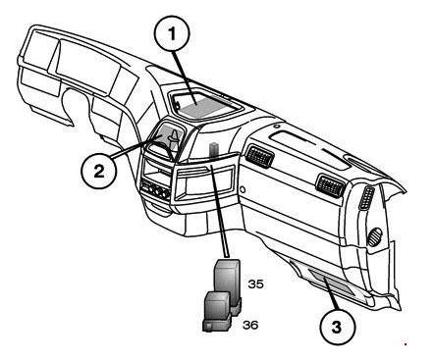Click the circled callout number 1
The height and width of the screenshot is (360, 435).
[172, 33]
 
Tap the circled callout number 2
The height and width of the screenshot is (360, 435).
[99, 171]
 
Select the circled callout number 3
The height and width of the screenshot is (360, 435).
[337, 327]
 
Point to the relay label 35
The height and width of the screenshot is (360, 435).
[255, 284]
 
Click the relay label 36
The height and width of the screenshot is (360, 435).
[250, 325]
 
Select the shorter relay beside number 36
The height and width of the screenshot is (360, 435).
[217, 312]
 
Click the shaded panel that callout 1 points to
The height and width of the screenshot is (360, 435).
[204, 105]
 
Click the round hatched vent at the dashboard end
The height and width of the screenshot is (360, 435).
[375, 236]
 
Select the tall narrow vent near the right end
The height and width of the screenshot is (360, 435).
[366, 197]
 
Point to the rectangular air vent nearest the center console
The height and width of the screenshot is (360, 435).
[259, 156]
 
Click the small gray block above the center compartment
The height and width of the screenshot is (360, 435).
[214, 149]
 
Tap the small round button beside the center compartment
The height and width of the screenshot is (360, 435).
[243, 189]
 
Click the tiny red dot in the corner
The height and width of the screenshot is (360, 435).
[406, 344]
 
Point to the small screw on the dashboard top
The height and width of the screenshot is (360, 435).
[277, 126]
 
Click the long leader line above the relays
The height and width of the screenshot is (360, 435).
[219, 211]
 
